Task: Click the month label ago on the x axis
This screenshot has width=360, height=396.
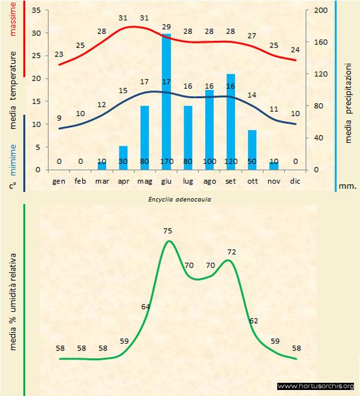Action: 209,181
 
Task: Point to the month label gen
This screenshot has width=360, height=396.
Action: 59,181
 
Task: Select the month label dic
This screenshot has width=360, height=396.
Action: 295,181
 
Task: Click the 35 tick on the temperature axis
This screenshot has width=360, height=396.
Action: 35,11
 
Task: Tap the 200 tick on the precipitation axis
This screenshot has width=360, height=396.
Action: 321,11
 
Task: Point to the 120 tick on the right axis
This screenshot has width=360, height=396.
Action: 321,74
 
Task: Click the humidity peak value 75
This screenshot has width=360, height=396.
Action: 167,230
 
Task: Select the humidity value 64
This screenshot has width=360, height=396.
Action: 146,307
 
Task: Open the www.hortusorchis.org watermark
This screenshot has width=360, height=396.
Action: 316,386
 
